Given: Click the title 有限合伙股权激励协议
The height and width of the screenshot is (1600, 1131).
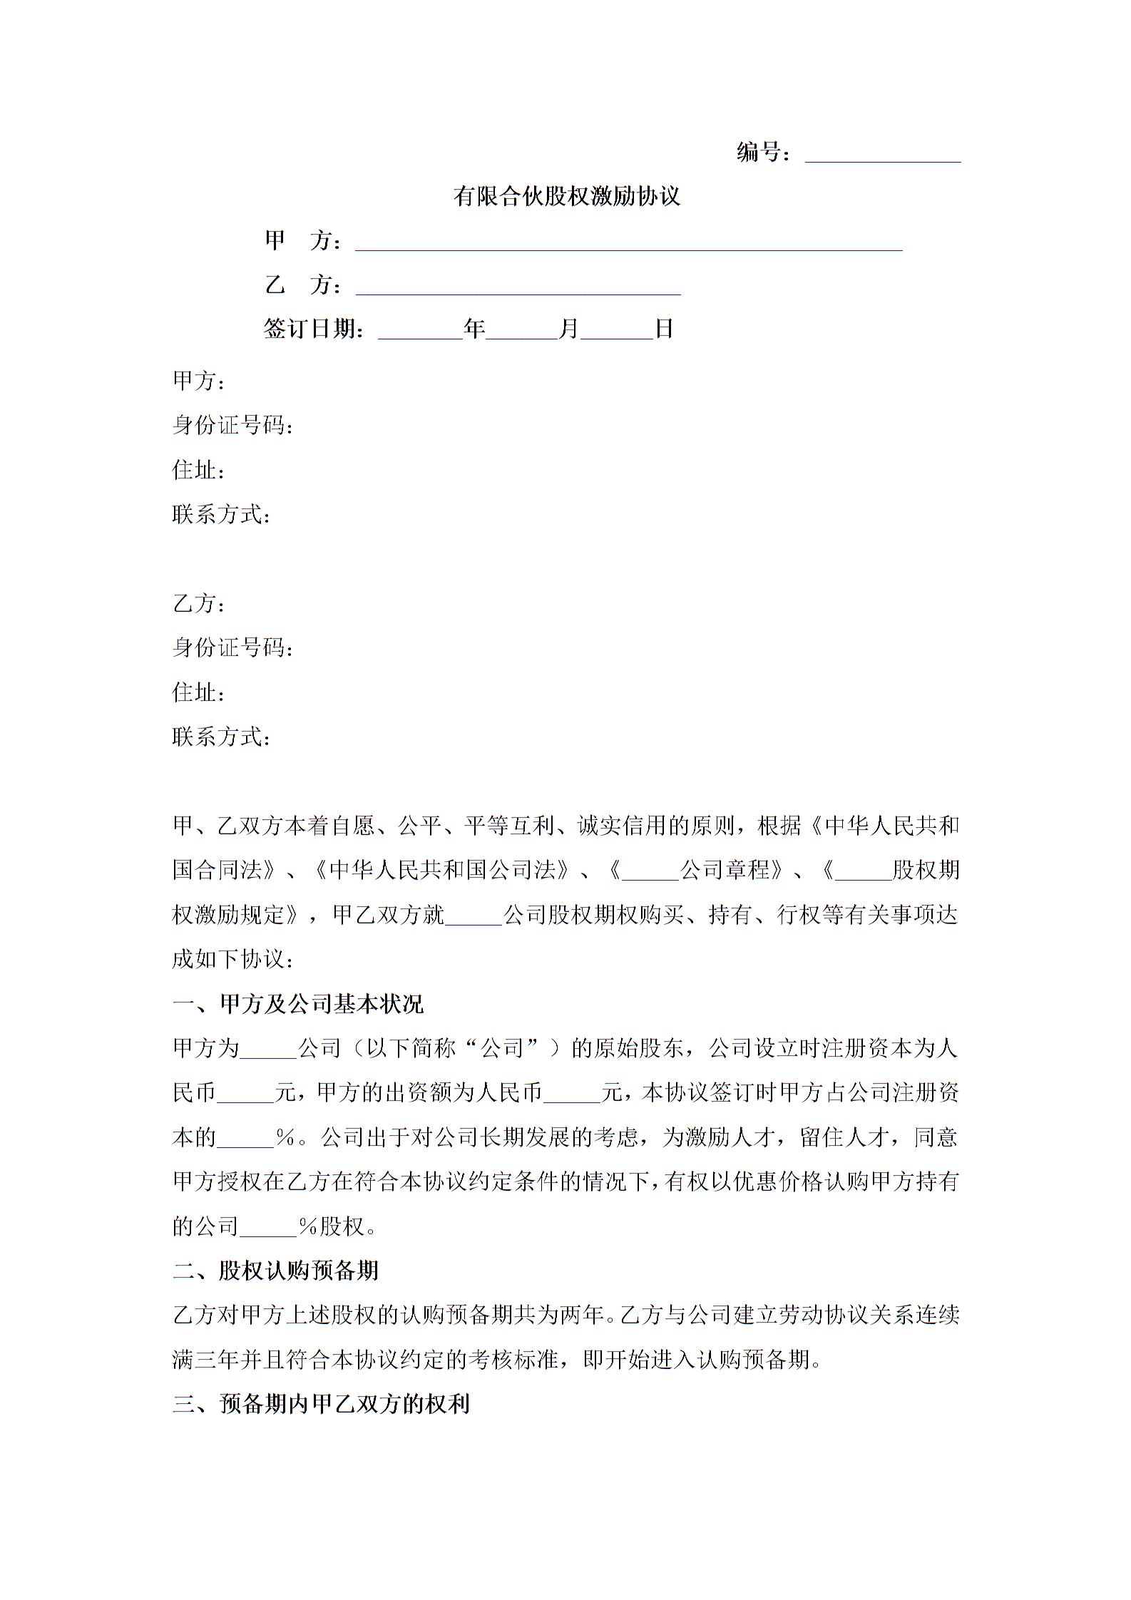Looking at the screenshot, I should click(566, 196).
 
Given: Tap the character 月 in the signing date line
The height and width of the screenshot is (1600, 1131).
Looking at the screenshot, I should click(568, 329).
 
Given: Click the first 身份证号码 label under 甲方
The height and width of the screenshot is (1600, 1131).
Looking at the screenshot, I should click(232, 426).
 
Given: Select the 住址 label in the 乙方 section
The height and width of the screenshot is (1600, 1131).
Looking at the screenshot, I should click(198, 692).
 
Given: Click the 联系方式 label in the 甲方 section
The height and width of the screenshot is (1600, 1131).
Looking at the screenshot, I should click(220, 514).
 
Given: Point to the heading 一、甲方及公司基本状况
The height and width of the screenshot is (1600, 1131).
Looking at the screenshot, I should click(298, 1004).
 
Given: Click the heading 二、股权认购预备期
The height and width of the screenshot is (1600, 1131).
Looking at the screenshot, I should click(275, 1270).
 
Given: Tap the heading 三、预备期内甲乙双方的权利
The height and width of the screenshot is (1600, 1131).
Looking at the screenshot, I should click(321, 1404).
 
